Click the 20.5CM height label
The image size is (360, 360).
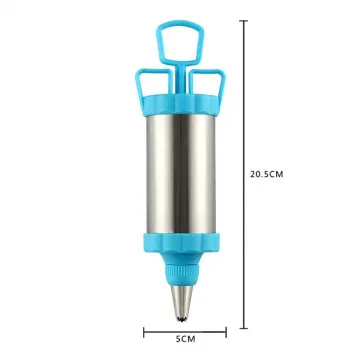[269, 173]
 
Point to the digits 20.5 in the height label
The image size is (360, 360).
[262, 173]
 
